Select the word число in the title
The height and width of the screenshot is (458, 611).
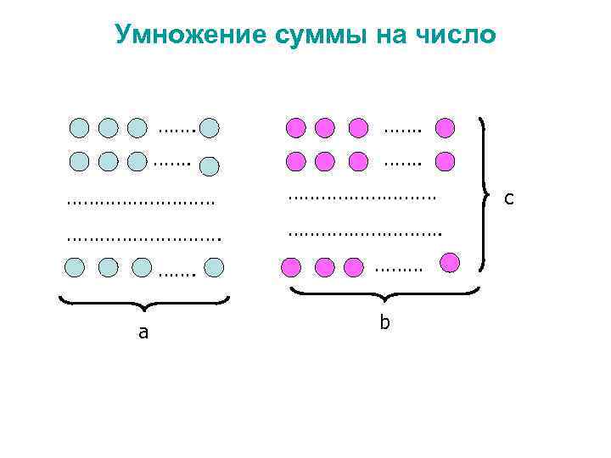point(457,35)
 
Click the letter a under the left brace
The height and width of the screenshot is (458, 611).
point(143,332)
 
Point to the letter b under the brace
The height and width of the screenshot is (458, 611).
point(384,323)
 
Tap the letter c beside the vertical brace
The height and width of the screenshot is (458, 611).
point(508,198)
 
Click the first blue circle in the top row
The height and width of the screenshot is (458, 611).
point(79,128)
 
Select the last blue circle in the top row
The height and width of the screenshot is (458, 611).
point(210,128)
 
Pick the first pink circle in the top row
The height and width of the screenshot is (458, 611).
point(295,128)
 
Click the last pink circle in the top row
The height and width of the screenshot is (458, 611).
point(445,128)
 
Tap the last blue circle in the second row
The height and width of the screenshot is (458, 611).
point(210,167)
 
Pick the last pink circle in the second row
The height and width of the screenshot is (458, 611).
point(445,160)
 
